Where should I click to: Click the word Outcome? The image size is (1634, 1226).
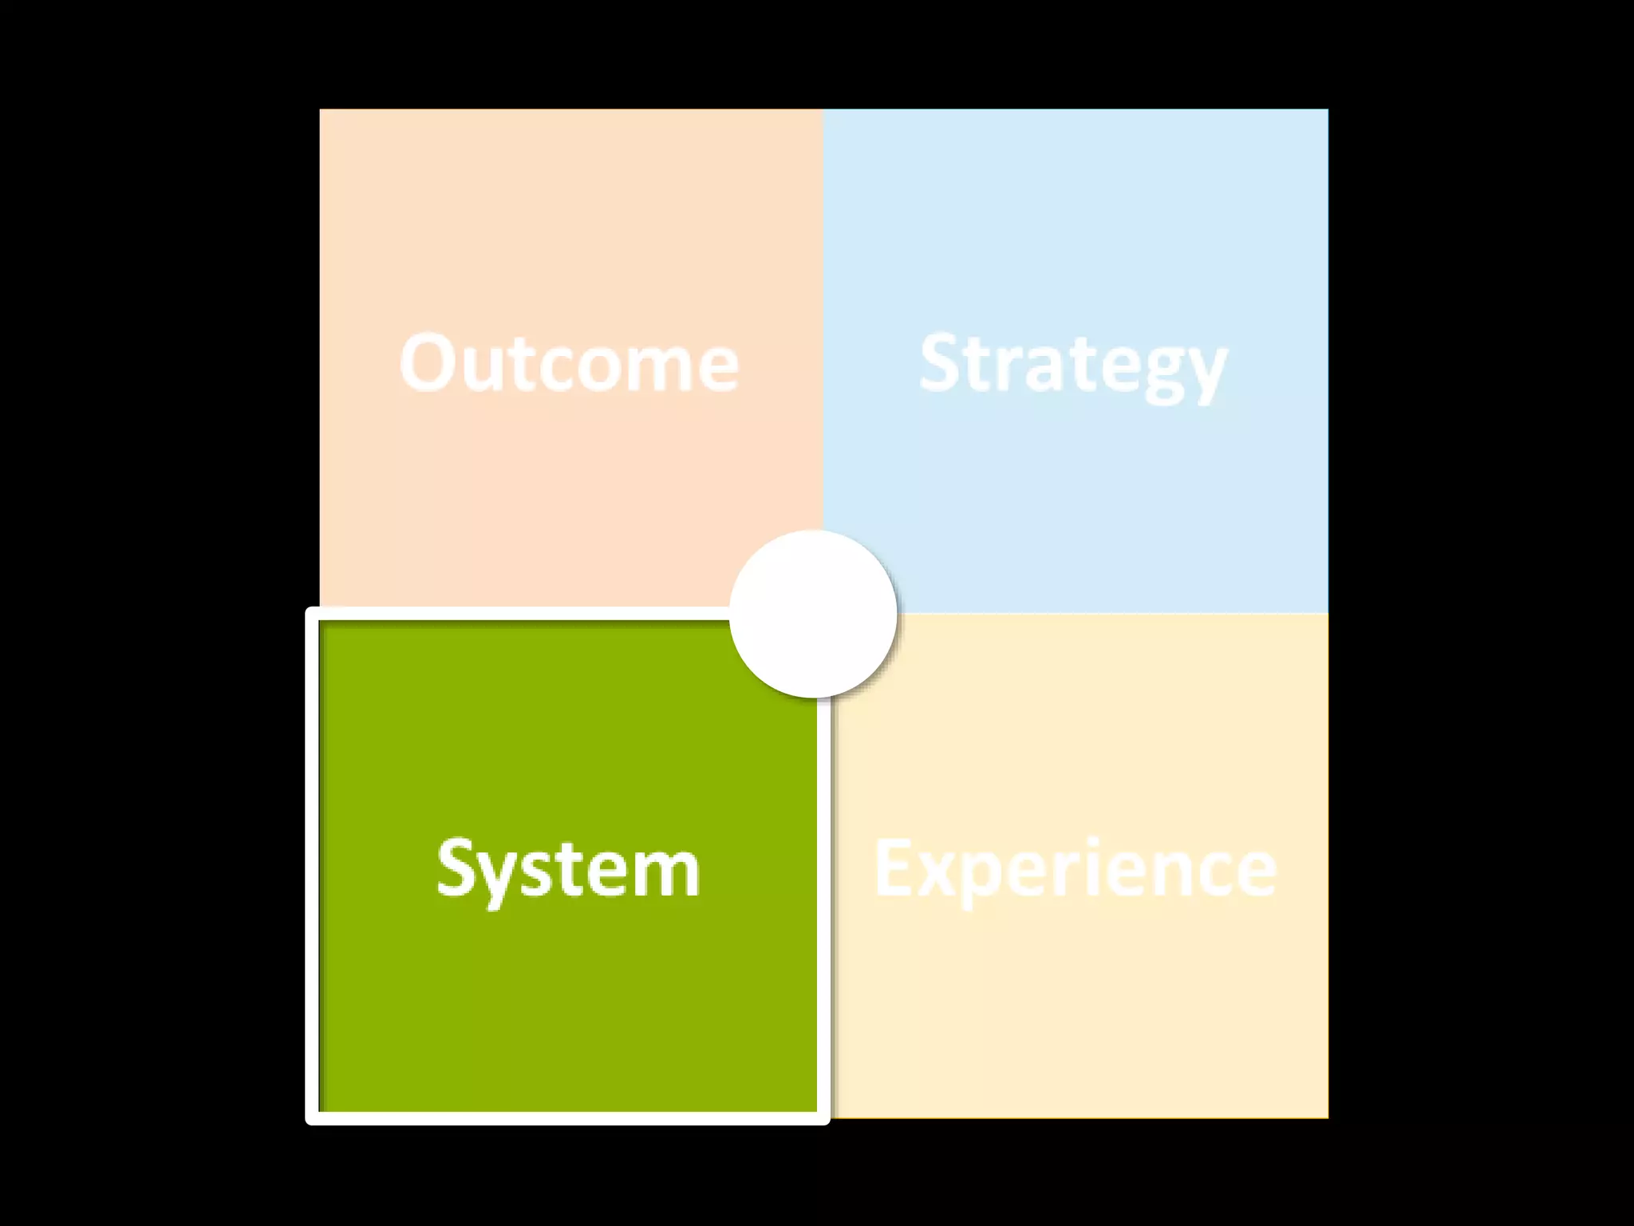click(x=569, y=364)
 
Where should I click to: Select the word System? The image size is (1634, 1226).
click(x=568, y=869)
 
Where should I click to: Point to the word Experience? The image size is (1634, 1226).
click(x=1075, y=869)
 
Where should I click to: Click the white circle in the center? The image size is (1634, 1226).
click(x=813, y=614)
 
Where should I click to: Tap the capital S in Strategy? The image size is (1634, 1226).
click(x=941, y=363)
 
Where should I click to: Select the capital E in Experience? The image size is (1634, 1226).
click(x=894, y=868)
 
